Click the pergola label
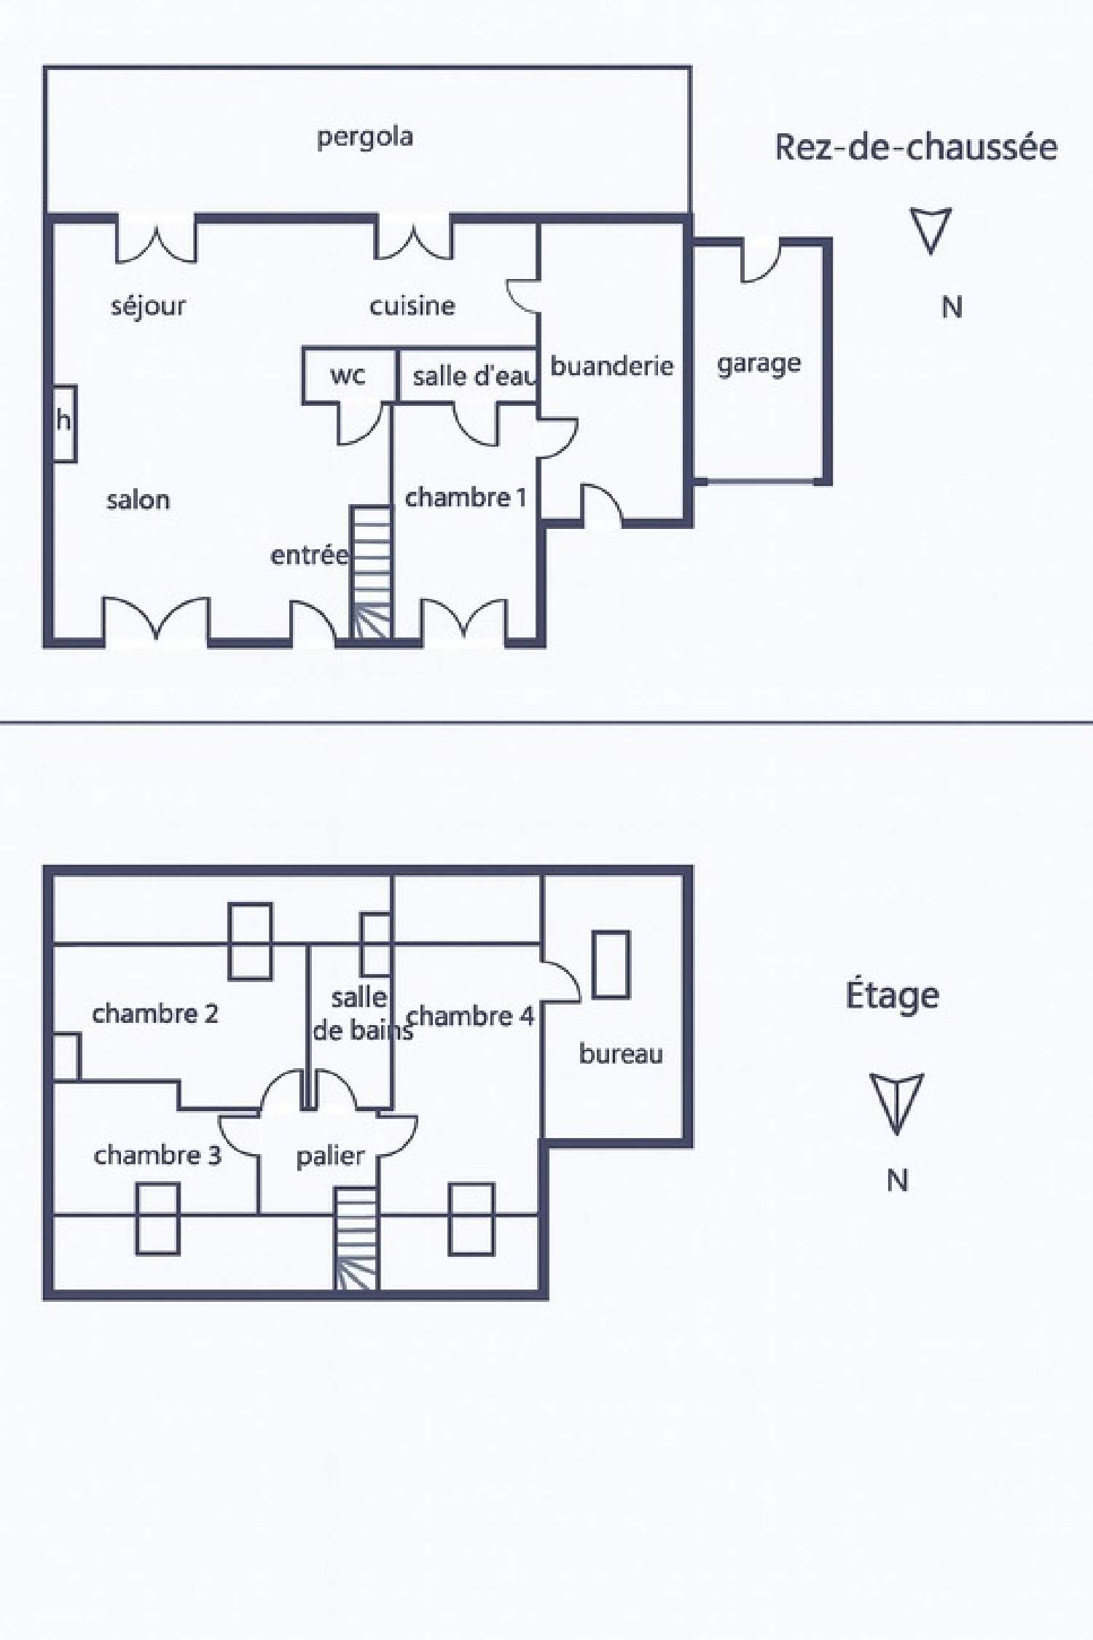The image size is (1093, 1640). tap(365, 138)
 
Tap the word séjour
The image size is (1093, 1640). tap(148, 306)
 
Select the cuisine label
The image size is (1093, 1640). tap(412, 306)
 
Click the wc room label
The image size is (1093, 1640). tap(348, 376)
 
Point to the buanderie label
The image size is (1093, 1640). tap(612, 366)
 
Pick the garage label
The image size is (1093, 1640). tap(759, 364)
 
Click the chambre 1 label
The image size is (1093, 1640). tap(466, 498)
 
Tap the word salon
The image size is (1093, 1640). tap(138, 500)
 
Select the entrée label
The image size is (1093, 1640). tap(310, 555)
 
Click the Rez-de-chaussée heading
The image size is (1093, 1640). tap(916, 147)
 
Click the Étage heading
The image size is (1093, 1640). tap(893, 996)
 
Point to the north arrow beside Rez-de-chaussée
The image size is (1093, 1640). tap(931, 230)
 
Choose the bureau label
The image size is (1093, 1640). tap(621, 1054)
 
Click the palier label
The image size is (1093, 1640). tap(330, 1157)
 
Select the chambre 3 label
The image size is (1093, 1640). tap(157, 1156)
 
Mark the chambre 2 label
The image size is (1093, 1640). tap(155, 1013)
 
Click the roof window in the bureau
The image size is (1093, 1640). tap(611, 964)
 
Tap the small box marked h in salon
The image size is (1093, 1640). tap(64, 423)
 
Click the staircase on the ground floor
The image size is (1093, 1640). tap(372, 573)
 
